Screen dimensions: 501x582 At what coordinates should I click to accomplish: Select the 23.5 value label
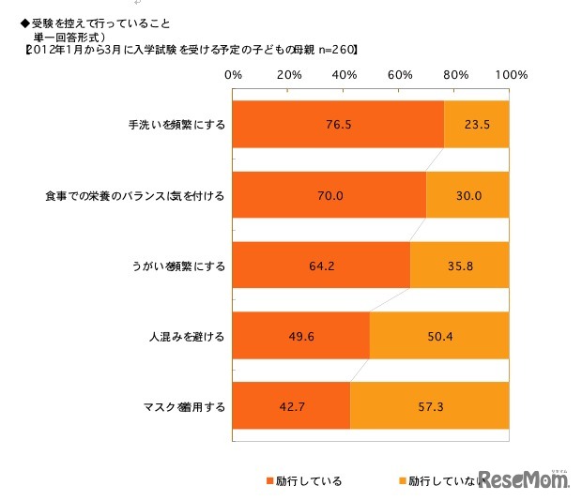[476, 123]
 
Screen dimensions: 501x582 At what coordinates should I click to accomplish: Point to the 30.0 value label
[467, 195]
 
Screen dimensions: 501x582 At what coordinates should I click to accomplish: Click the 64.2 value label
[320, 266]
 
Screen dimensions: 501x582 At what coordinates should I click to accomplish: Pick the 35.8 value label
[459, 266]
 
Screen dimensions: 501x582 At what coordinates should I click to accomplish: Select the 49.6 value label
[299, 337]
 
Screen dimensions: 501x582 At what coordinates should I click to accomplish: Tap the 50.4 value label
[439, 337]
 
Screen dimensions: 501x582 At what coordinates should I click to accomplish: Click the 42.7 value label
[290, 408]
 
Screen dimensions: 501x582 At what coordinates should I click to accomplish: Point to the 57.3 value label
[429, 408]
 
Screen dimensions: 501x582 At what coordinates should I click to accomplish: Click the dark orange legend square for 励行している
[268, 480]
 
